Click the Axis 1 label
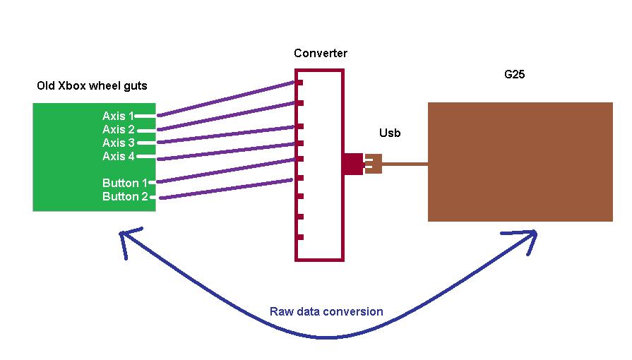tap(118, 116)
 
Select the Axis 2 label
tap(118, 129)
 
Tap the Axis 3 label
tap(118, 143)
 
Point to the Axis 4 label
tap(118, 156)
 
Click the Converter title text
tap(321, 54)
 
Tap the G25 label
tap(514, 74)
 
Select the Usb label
tap(390, 132)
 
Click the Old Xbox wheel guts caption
tap(92, 86)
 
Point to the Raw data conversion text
tap(326, 311)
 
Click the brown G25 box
tap(520, 162)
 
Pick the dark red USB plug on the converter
tap(352, 164)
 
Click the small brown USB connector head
tap(374, 164)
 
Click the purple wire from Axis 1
tap(226, 99)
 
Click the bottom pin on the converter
tap(300, 237)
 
